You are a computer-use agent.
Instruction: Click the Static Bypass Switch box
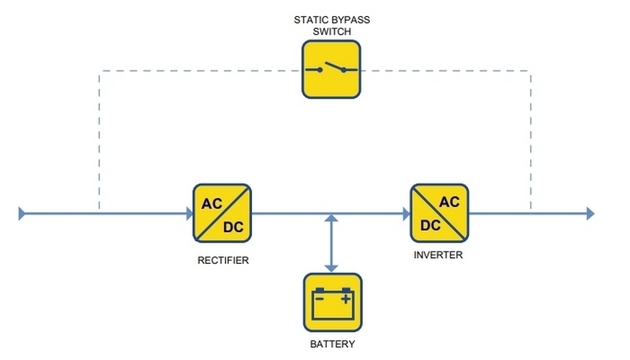(x=332, y=70)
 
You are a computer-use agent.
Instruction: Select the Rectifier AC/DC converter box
(x=222, y=213)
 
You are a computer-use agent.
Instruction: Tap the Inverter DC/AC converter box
(x=440, y=213)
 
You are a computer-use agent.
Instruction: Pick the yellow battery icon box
(x=333, y=302)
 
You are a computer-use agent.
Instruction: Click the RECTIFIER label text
(x=223, y=261)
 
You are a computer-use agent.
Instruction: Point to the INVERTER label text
(x=438, y=255)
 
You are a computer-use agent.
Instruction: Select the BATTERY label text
(x=332, y=344)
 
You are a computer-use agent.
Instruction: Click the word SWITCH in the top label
(x=332, y=30)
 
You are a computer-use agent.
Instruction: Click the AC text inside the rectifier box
(x=212, y=203)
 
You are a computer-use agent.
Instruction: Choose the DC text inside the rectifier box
(x=233, y=227)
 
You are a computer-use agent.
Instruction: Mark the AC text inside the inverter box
(x=449, y=202)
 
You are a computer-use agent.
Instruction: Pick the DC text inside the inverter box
(x=430, y=225)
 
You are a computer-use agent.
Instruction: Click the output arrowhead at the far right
(x=590, y=213)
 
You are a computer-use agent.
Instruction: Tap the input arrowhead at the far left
(x=22, y=213)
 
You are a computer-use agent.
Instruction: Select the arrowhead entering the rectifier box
(x=188, y=213)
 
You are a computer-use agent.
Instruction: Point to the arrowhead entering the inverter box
(x=406, y=213)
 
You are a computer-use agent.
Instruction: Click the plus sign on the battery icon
(x=346, y=299)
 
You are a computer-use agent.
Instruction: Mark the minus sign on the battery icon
(x=319, y=299)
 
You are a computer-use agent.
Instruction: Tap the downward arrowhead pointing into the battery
(x=332, y=267)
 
